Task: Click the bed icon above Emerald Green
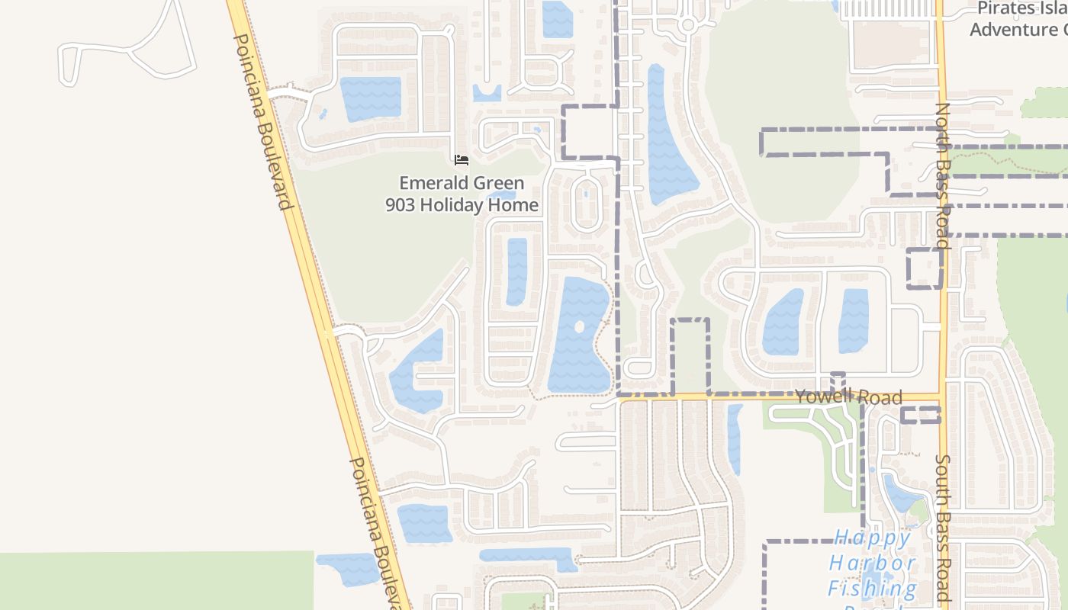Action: pyautogui.click(x=462, y=160)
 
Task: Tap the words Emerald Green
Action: pyautogui.click(x=462, y=183)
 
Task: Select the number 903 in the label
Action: pyautogui.click(x=400, y=205)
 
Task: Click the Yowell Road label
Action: pyautogui.click(x=848, y=397)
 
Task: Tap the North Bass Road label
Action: pyautogui.click(x=943, y=175)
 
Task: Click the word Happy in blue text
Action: pyautogui.click(x=872, y=538)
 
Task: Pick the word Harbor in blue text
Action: pyautogui.click(x=872, y=563)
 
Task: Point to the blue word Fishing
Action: pyautogui.click(x=872, y=588)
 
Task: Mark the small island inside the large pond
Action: pyautogui.click(x=579, y=327)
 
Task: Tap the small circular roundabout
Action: pyautogui.click(x=687, y=25)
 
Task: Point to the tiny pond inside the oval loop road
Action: pyautogui.click(x=586, y=194)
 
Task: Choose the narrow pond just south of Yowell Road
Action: pyautogui.click(x=735, y=438)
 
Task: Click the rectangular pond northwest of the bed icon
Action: pyautogui.click(x=370, y=98)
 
